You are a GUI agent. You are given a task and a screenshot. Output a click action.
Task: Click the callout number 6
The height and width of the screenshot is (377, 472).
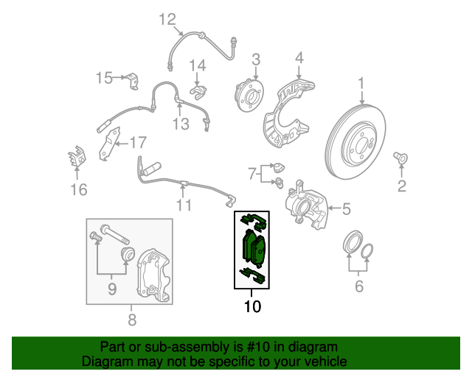click(x=358, y=286)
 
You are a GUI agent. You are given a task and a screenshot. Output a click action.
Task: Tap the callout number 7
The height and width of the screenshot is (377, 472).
click(x=251, y=175)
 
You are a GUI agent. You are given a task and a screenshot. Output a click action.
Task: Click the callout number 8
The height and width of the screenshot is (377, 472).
click(x=131, y=320)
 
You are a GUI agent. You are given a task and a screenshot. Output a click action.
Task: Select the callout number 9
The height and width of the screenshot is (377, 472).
click(x=112, y=289)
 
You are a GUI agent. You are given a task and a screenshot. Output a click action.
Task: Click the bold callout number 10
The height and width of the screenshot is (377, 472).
click(x=252, y=306)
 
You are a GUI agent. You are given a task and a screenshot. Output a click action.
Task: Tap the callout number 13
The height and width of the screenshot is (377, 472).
click(x=181, y=124)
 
